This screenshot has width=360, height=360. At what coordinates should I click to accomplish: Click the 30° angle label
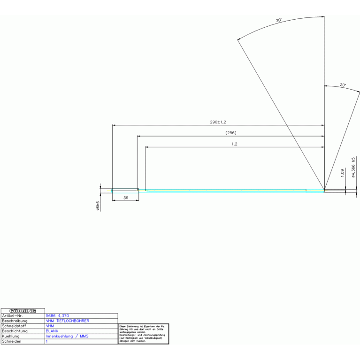[278, 21]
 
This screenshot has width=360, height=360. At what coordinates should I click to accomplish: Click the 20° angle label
[343, 85]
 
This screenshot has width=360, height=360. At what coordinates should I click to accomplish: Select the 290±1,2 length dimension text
[218, 122]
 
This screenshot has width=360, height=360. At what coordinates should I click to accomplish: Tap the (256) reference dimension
[231, 133]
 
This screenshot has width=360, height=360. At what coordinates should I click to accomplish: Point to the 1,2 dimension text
[234, 144]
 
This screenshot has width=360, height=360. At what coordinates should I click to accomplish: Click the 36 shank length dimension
[125, 198]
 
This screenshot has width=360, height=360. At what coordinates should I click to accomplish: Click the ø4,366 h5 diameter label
[353, 167]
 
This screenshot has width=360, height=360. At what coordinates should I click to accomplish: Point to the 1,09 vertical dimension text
[342, 173]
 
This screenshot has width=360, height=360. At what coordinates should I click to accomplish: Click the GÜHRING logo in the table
[23, 311]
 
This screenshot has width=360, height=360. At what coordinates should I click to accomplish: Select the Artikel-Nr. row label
[13, 316]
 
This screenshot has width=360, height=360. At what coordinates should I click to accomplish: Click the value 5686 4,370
[57, 316]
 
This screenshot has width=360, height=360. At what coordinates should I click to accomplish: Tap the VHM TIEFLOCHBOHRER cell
[67, 321]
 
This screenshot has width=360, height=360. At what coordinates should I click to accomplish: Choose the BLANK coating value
[52, 331]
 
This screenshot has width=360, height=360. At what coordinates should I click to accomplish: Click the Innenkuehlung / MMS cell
[67, 336]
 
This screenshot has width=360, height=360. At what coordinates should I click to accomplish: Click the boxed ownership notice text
[143, 333]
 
